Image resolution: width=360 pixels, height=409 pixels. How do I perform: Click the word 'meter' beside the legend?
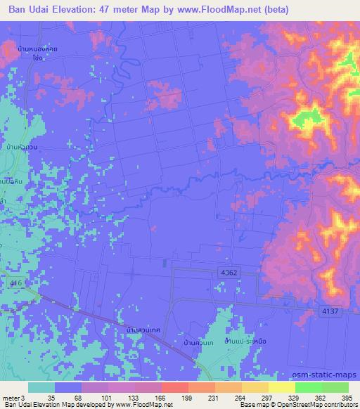13,398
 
